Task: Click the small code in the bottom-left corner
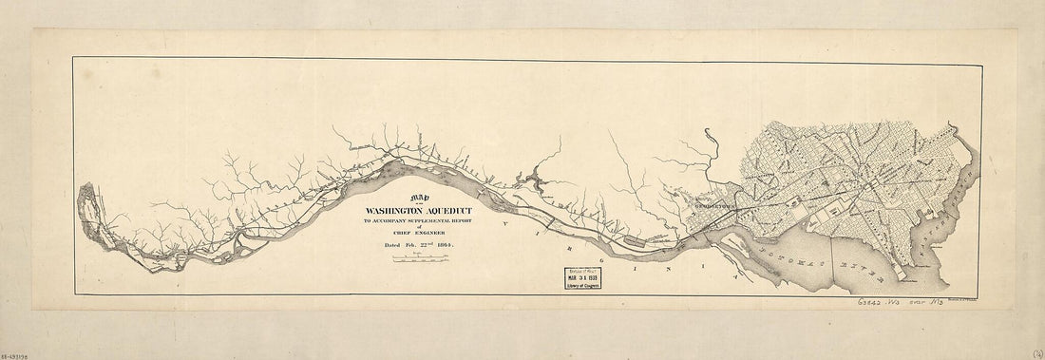click(18, 353)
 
